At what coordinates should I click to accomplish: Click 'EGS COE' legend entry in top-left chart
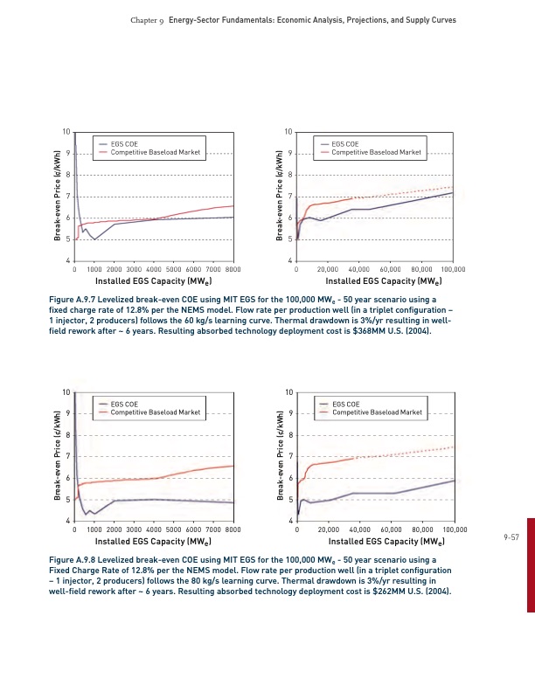[125, 143]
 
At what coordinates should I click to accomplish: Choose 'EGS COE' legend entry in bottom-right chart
[346, 403]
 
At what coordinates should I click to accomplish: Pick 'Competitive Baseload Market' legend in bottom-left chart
[155, 412]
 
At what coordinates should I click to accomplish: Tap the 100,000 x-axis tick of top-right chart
[454, 270]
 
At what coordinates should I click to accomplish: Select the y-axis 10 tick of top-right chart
[288, 132]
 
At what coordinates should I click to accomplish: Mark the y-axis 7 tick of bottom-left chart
[67, 456]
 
